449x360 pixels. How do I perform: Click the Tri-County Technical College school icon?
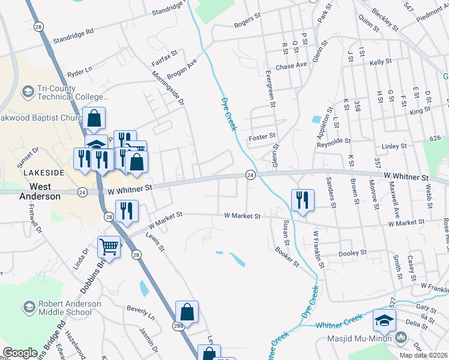tap(28, 92)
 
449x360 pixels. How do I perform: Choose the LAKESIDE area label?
tap(44, 172)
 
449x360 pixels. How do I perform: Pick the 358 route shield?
tap(357, 106)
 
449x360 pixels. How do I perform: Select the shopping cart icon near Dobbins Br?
tap(109, 246)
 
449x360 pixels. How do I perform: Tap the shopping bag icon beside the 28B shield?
tap(187, 311)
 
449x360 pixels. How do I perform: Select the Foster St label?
tap(262, 136)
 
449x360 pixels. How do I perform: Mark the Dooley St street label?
tap(352, 253)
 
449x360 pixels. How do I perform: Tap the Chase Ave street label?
tap(291, 65)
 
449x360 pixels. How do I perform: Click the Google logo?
tap(20, 353)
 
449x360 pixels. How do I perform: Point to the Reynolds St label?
tap(334, 140)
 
